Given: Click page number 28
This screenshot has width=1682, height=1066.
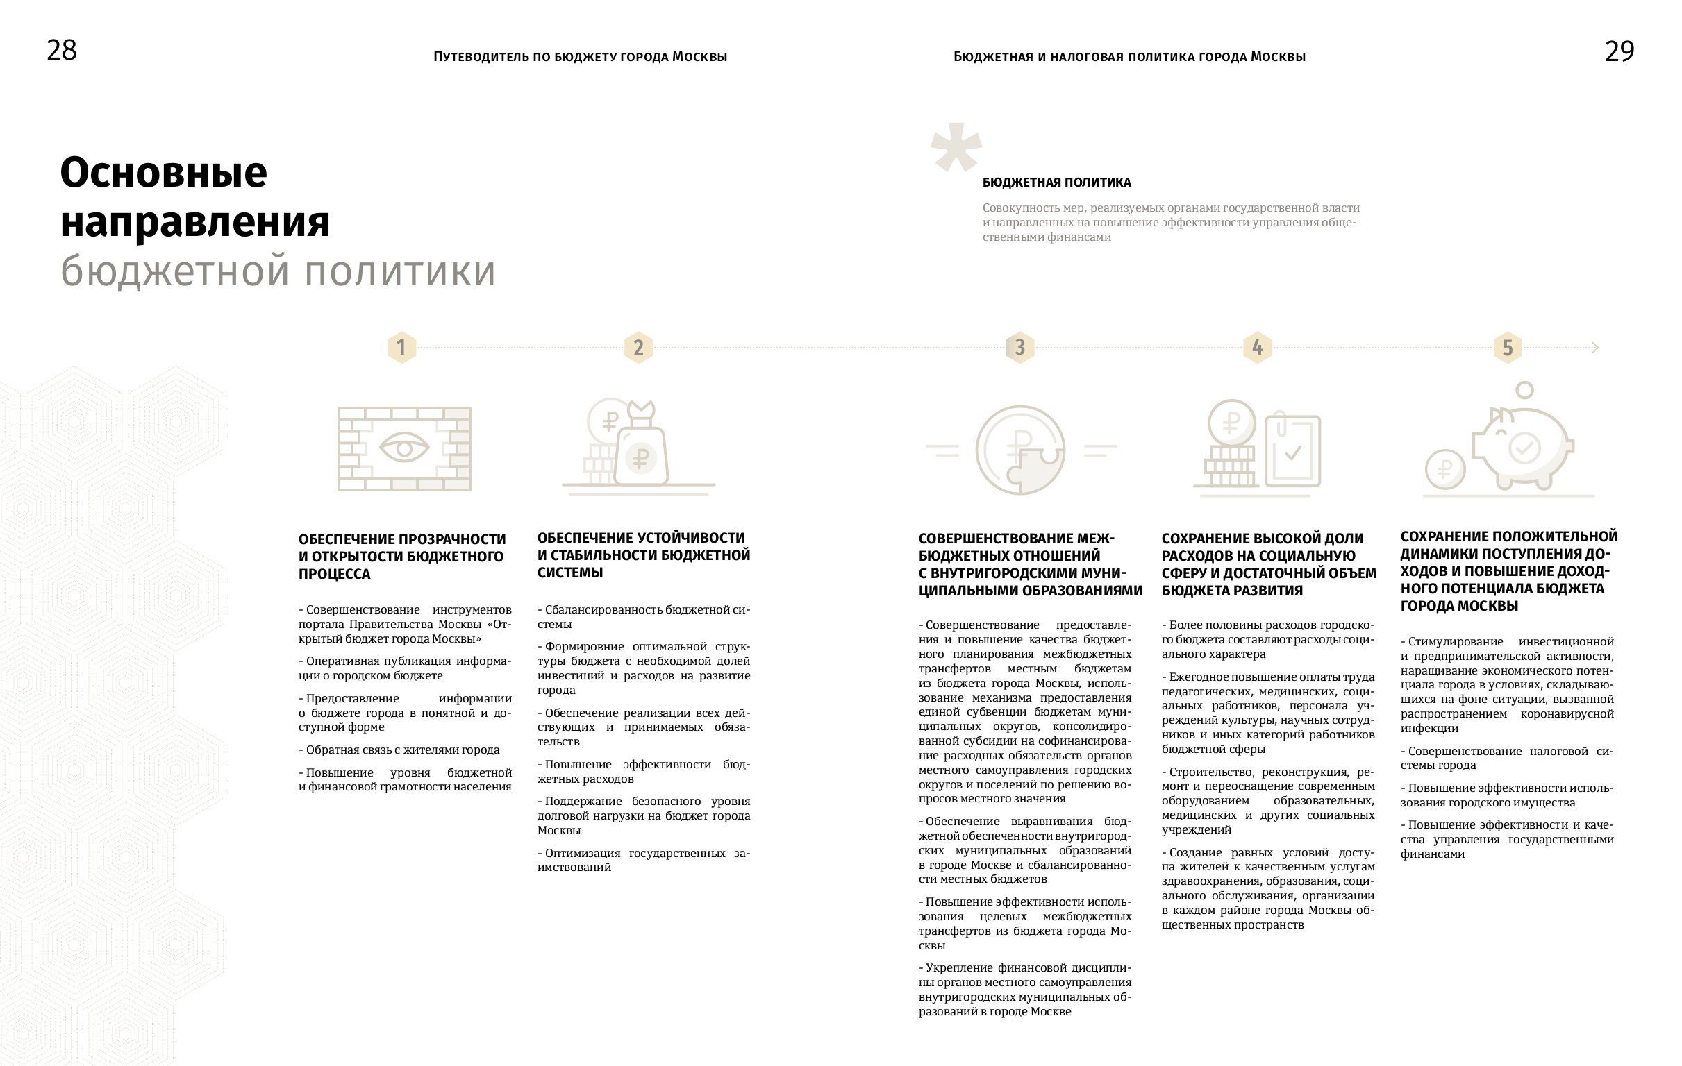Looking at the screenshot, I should tap(62, 50).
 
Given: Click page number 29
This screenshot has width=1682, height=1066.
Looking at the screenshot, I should tap(1619, 51).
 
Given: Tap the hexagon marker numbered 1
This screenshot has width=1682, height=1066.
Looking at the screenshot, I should tap(401, 347).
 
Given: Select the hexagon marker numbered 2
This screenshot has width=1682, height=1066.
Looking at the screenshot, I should tap(638, 348).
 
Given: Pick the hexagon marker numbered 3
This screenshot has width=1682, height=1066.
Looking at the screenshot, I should tap(1019, 347).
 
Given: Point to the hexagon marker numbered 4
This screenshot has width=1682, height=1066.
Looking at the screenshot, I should tap(1257, 347).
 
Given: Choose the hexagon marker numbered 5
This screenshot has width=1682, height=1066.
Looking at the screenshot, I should tap(1508, 348).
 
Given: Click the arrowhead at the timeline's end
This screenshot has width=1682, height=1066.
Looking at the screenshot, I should tap(1594, 348).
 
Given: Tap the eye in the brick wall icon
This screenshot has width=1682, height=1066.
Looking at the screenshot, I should tap(403, 448).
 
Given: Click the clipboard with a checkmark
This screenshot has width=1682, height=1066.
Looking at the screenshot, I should tap(1293, 451).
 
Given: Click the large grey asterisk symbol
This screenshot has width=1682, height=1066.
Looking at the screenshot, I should tap(956, 146).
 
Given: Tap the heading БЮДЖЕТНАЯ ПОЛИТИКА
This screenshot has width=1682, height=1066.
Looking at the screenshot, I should tap(1056, 183).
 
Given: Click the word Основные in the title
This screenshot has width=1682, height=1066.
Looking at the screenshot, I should tap(163, 172).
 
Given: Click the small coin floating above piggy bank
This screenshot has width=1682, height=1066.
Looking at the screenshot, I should tap(1525, 389).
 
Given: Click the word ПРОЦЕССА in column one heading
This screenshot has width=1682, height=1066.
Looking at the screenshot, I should tap(335, 574).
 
